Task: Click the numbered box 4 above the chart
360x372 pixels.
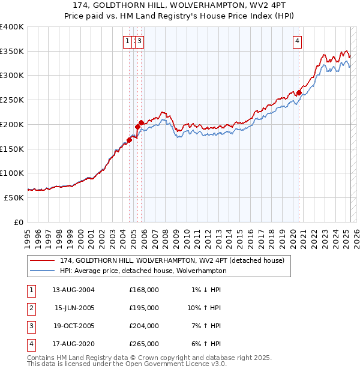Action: [298, 41]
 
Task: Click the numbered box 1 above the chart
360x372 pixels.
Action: [128, 41]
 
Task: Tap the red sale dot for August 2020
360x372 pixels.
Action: [299, 93]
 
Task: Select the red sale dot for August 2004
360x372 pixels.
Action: [129, 140]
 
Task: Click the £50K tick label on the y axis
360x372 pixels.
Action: [14, 197]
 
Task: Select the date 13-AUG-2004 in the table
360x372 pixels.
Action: [73, 290]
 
